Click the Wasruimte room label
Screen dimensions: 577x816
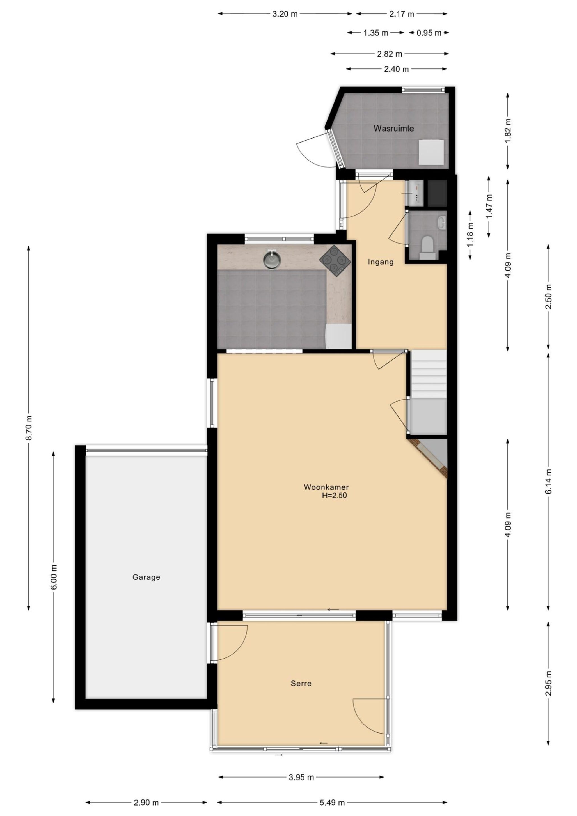click(x=393, y=128)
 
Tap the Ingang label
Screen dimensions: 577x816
click(x=381, y=262)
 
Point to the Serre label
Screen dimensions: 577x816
click(x=301, y=683)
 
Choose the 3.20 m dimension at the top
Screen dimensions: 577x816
click(x=285, y=14)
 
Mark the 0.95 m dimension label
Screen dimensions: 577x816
click(x=429, y=33)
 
